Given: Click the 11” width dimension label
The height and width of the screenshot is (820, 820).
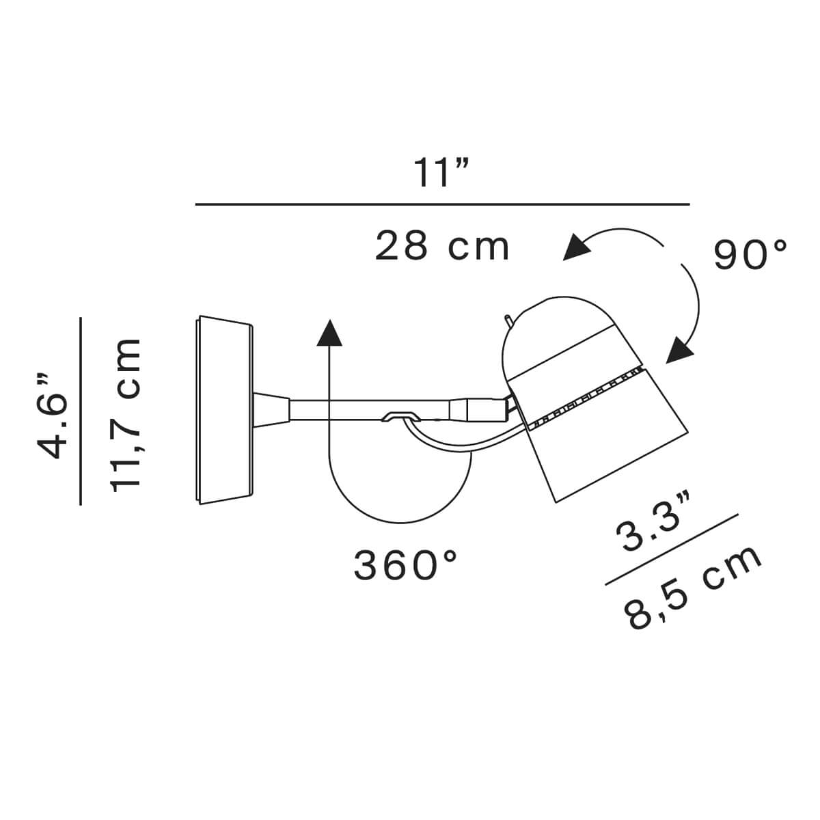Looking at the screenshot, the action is (441, 172).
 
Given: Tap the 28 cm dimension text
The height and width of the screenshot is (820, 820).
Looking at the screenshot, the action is (441, 245).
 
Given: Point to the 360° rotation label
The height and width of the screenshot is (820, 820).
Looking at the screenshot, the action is (405, 564).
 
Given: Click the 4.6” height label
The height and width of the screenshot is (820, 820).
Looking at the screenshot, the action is (53, 417).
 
